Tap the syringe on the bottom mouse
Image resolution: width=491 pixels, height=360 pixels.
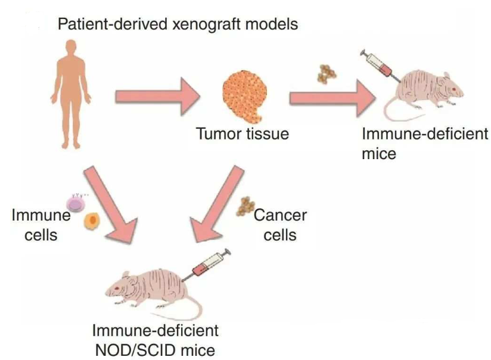tap(209, 265)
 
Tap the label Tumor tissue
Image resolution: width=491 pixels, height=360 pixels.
tap(243, 134)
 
